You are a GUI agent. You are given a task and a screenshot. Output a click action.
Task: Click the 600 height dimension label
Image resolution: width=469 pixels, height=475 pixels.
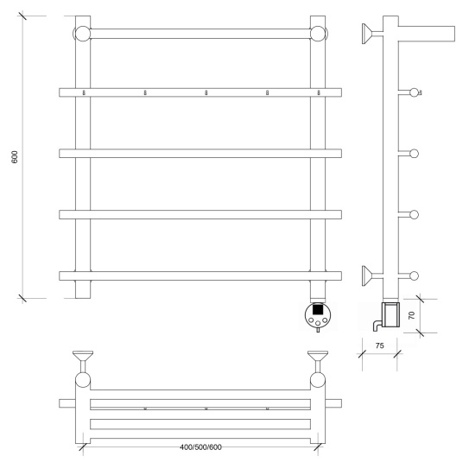(x=15, y=157)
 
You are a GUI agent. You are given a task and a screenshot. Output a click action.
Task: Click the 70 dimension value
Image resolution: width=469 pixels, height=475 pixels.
(x=411, y=315)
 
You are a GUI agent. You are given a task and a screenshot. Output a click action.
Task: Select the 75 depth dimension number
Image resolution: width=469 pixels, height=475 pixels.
(x=380, y=345)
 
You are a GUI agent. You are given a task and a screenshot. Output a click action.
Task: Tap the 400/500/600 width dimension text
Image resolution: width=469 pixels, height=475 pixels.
(x=200, y=447)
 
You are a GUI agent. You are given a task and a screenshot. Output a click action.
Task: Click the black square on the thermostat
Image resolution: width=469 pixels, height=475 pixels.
(x=317, y=309)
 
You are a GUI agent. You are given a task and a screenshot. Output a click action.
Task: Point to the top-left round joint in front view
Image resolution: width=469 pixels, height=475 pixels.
(x=82, y=34)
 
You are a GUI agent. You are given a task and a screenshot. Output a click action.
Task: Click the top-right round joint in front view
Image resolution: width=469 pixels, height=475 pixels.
(x=318, y=34)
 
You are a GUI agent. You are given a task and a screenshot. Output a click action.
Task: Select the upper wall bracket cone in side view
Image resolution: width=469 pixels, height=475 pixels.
(x=367, y=34)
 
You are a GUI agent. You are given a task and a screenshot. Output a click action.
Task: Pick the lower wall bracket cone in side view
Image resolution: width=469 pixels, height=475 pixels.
(x=367, y=275)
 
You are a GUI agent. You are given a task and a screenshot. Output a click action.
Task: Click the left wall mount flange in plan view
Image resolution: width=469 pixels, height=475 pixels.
(x=83, y=355)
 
